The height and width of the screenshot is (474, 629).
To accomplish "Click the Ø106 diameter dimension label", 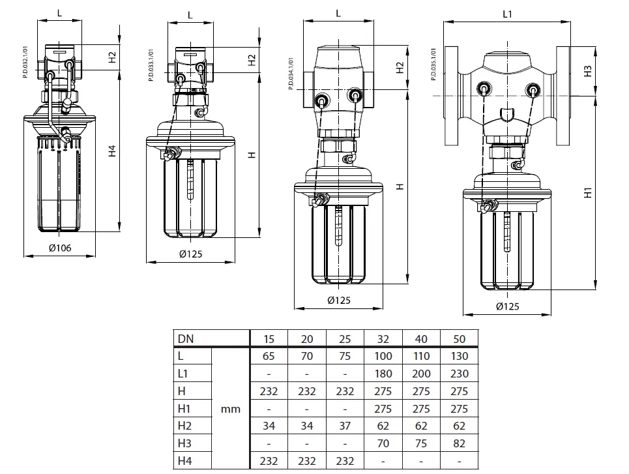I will coord(59,248).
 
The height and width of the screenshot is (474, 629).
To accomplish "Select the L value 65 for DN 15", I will coord(269,356).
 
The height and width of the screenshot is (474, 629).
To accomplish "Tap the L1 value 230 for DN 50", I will coord(458,374).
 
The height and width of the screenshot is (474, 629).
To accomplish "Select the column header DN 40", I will coord(420,338).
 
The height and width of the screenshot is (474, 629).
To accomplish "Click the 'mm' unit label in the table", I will coord(231,409).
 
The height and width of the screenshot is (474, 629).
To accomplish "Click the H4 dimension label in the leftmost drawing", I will coord(112,151).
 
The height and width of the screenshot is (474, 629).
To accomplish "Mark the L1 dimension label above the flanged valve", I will coord(508,13).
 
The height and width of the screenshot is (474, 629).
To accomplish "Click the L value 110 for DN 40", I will coord(420,356).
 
